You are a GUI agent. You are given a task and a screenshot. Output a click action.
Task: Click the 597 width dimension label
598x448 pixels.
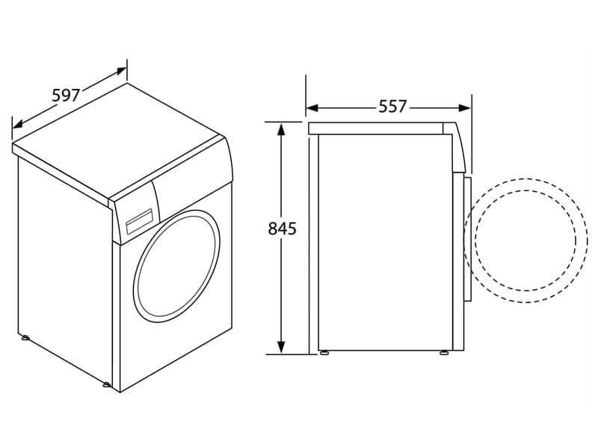click(x=66, y=96)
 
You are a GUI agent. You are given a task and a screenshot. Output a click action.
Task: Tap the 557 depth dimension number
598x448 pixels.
click(x=392, y=107)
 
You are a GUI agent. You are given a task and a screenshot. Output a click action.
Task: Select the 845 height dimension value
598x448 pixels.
click(x=283, y=228)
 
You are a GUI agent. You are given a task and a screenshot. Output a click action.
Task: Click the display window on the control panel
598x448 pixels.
click(x=139, y=221)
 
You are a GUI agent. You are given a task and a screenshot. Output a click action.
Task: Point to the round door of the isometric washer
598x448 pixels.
click(x=176, y=267)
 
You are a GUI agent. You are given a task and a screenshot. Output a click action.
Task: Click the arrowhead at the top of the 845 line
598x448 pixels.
click(x=281, y=129)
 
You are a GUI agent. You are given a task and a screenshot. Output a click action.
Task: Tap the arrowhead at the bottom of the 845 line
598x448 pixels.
click(x=281, y=347)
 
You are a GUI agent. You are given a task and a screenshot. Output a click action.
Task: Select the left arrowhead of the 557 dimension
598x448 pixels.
click(x=312, y=108)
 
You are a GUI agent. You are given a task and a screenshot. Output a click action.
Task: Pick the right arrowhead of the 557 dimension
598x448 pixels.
click(x=464, y=108)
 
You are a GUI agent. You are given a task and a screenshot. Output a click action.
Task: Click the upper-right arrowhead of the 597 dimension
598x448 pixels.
click(x=121, y=71)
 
